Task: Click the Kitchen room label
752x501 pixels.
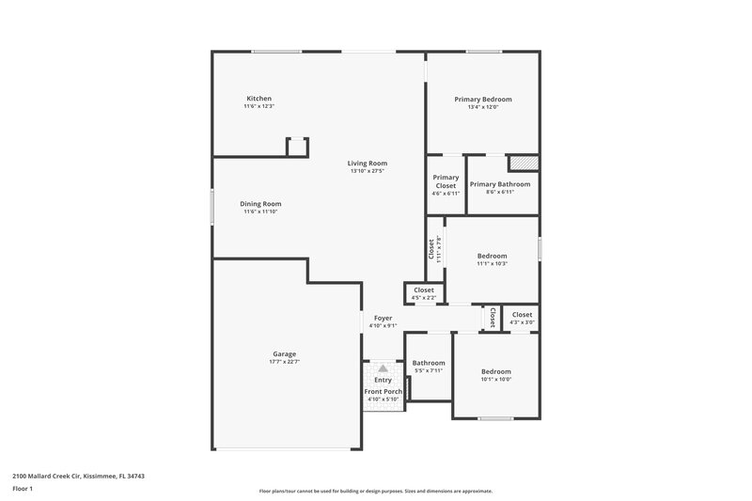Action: click(258, 99)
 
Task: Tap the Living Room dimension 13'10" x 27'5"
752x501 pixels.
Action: click(368, 171)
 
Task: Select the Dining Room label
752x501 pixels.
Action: click(260, 204)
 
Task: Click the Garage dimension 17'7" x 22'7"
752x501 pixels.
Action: click(284, 362)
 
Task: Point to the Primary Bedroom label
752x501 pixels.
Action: click(483, 99)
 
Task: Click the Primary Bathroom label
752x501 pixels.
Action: click(500, 184)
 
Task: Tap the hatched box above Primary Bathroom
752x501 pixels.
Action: click(523, 163)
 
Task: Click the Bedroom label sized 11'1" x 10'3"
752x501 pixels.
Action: click(492, 256)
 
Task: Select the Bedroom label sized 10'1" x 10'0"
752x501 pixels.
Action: click(495, 371)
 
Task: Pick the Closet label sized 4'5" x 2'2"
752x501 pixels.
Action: click(424, 290)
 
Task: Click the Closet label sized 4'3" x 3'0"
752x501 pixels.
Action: click(522, 315)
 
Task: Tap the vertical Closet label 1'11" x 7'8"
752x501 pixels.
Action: click(432, 248)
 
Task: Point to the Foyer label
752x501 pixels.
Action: click(383, 319)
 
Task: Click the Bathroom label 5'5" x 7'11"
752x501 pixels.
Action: click(428, 363)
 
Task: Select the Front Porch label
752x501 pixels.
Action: click(383, 391)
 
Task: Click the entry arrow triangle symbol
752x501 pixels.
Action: click(383, 368)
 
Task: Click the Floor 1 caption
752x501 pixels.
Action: click(22, 490)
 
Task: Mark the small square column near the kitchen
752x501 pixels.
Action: click(297, 147)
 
